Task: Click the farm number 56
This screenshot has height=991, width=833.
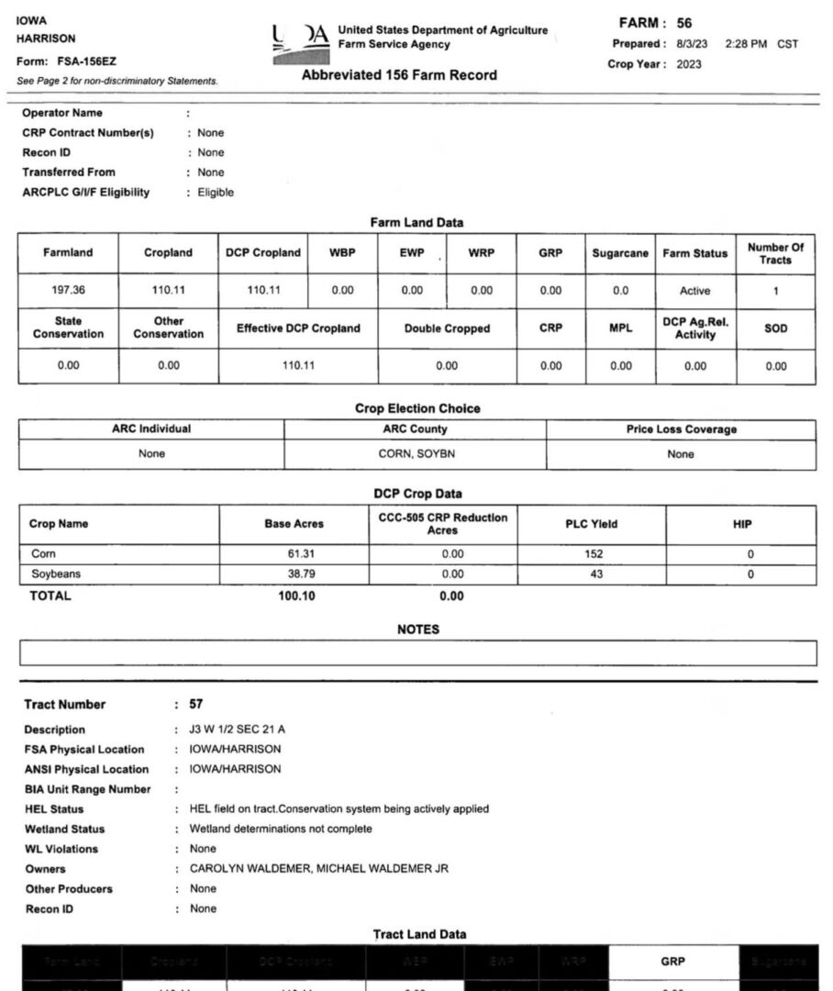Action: [684, 23]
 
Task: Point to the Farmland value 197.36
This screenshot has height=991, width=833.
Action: [68, 291]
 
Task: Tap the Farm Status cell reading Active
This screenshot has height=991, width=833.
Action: [694, 291]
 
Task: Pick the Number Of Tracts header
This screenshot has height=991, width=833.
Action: [775, 253]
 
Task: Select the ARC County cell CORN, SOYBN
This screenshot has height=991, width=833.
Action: [416, 454]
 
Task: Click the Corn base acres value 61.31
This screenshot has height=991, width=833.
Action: [301, 554]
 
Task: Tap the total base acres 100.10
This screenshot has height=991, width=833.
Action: [297, 596]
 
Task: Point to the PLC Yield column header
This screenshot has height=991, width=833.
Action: [591, 525]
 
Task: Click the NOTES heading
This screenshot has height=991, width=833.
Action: [417, 629]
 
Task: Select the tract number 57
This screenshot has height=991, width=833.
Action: [195, 705]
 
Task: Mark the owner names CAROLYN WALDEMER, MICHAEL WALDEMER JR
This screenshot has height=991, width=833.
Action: [318, 869]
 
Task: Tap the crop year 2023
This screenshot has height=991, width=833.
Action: [689, 64]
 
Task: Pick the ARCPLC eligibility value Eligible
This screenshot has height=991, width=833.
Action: [216, 193]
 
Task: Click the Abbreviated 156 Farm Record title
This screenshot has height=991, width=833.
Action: [399, 75]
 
